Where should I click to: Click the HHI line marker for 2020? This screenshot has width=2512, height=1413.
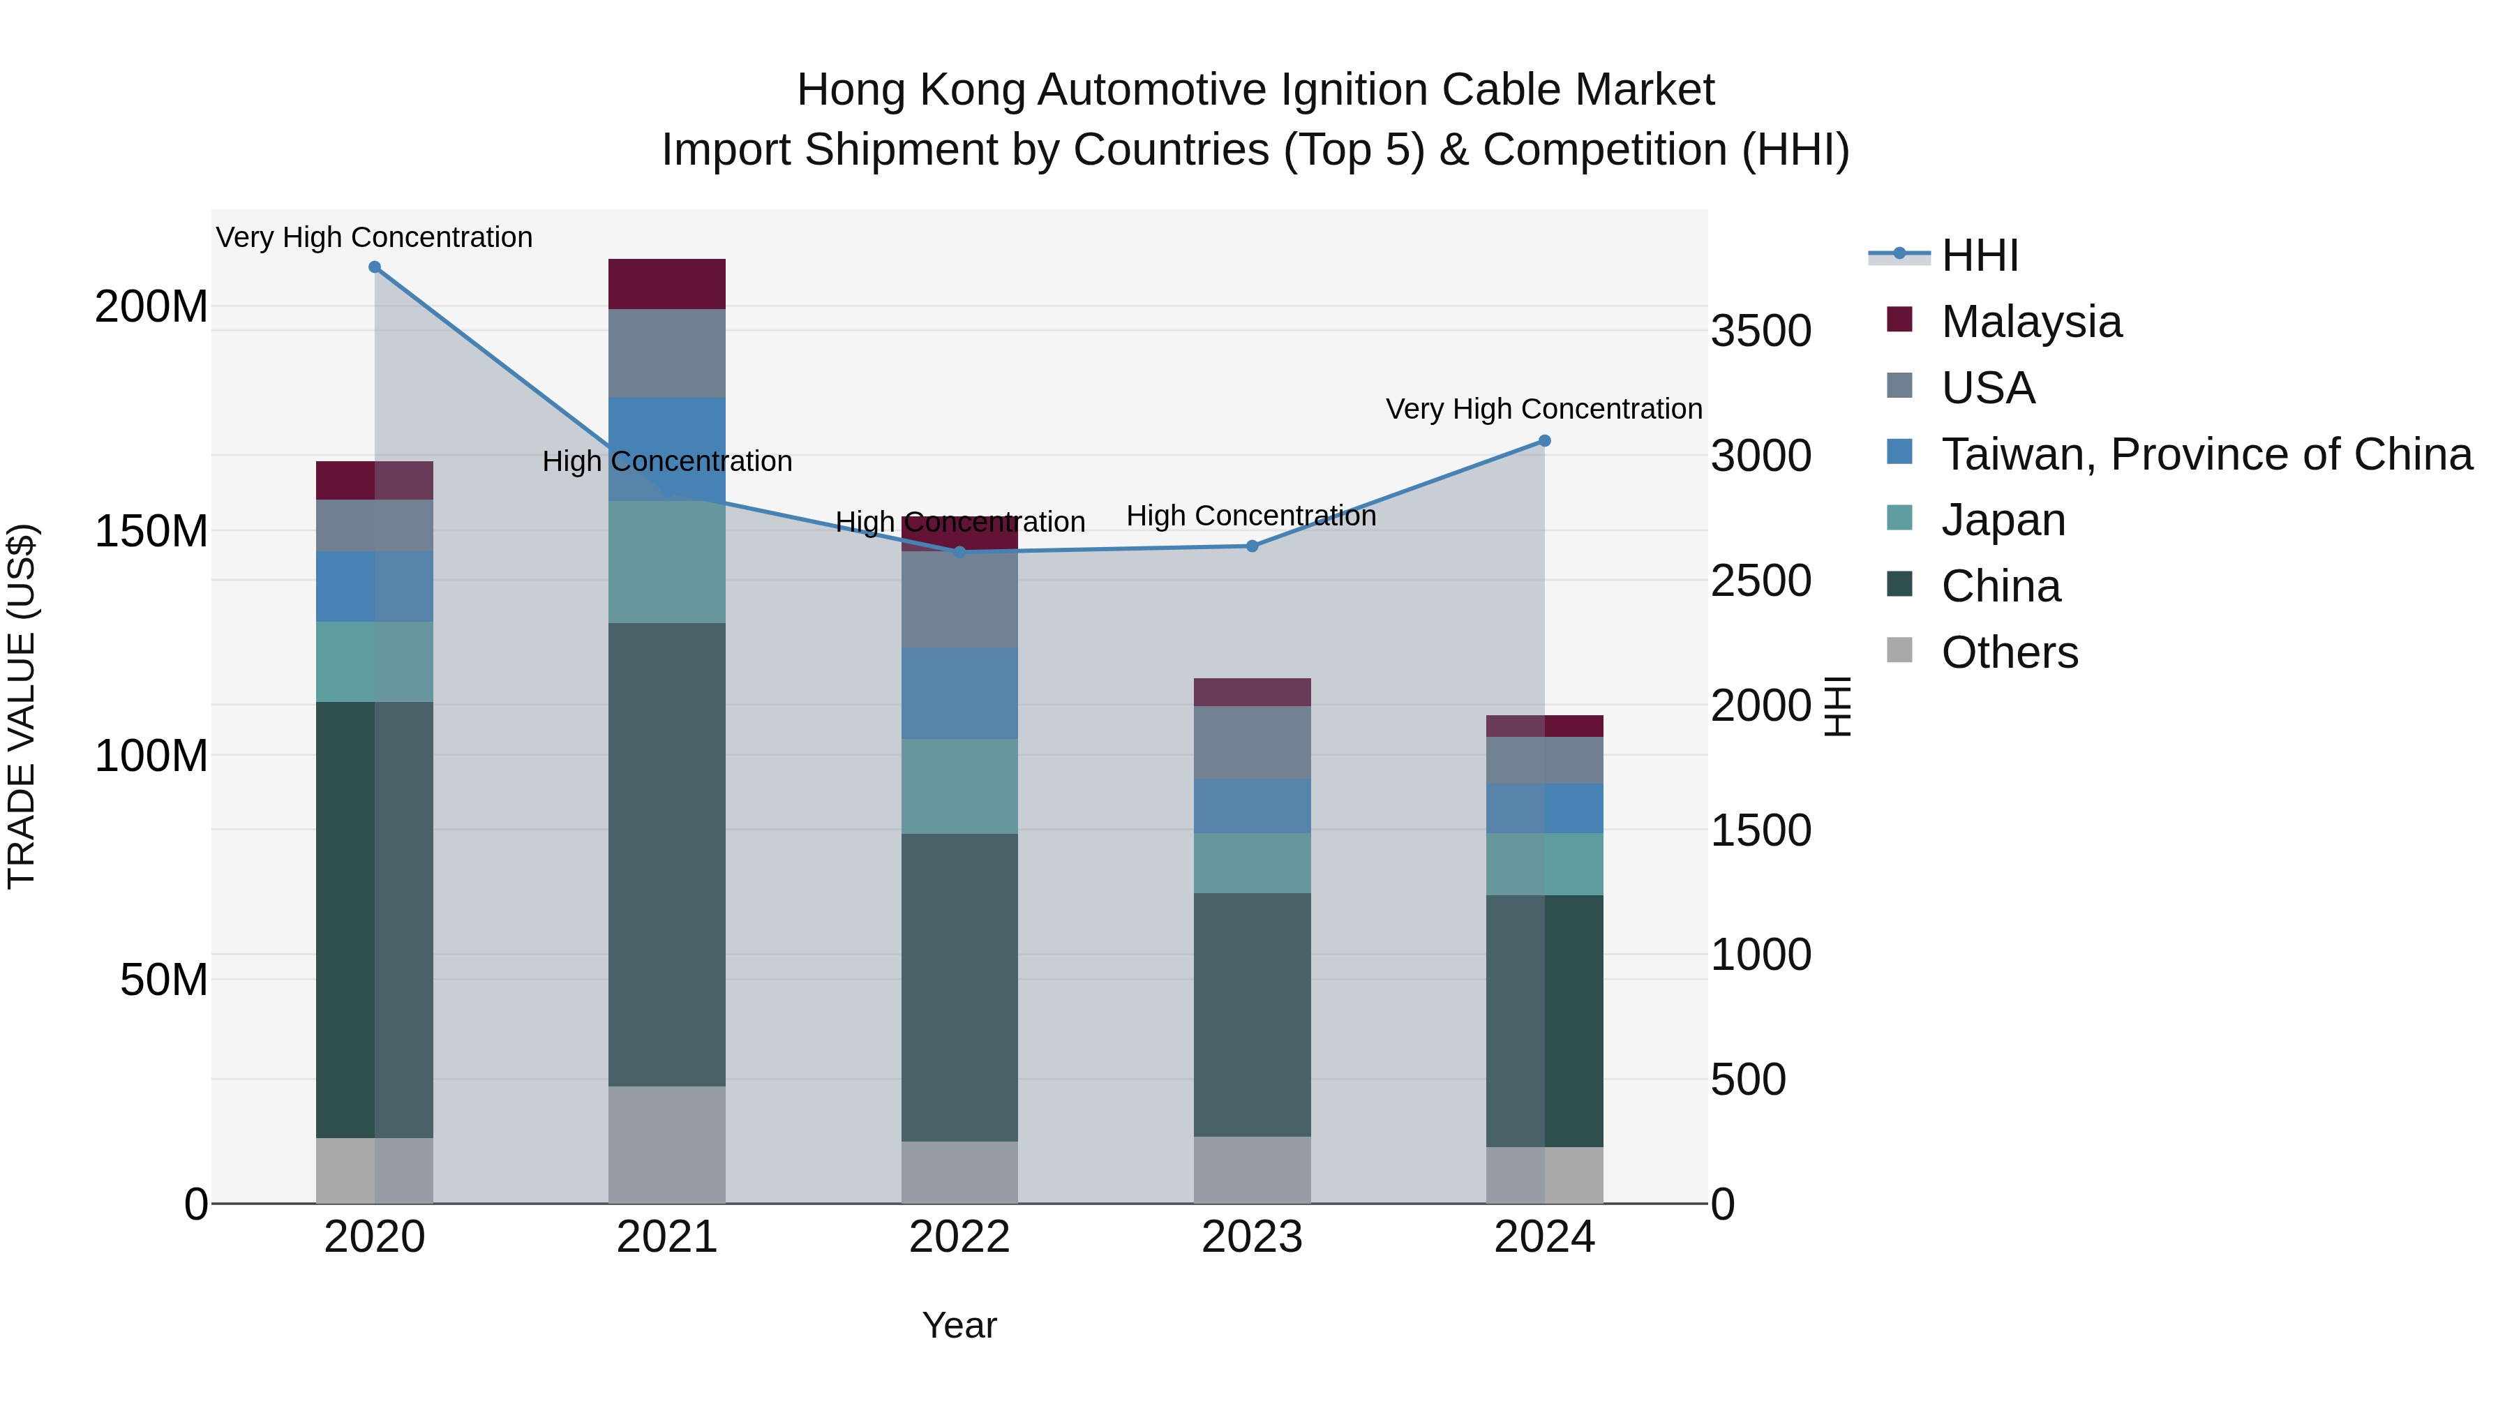[375, 267]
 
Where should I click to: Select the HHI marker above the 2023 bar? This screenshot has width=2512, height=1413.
[1252, 546]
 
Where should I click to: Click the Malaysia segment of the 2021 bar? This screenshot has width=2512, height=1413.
[667, 284]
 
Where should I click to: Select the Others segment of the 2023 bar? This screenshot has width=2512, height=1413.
[1252, 1169]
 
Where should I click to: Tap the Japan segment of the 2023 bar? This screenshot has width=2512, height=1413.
[1252, 863]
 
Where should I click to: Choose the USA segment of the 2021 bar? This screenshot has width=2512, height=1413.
[667, 353]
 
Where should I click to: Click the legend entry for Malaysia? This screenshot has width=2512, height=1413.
[2031, 322]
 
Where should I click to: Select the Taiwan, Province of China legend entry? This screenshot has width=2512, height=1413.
[2206, 454]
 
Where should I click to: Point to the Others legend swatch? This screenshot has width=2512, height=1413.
[1899, 650]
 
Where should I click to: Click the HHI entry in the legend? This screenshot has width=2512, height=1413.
[1980, 255]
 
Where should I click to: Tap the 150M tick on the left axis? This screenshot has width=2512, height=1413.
[151, 532]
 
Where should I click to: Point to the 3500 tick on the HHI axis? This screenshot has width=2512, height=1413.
[1761, 331]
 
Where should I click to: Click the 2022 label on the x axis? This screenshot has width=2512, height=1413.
[959, 1237]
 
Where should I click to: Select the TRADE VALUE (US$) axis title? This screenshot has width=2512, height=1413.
[22, 706]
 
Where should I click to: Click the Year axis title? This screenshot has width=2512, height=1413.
[959, 1325]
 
